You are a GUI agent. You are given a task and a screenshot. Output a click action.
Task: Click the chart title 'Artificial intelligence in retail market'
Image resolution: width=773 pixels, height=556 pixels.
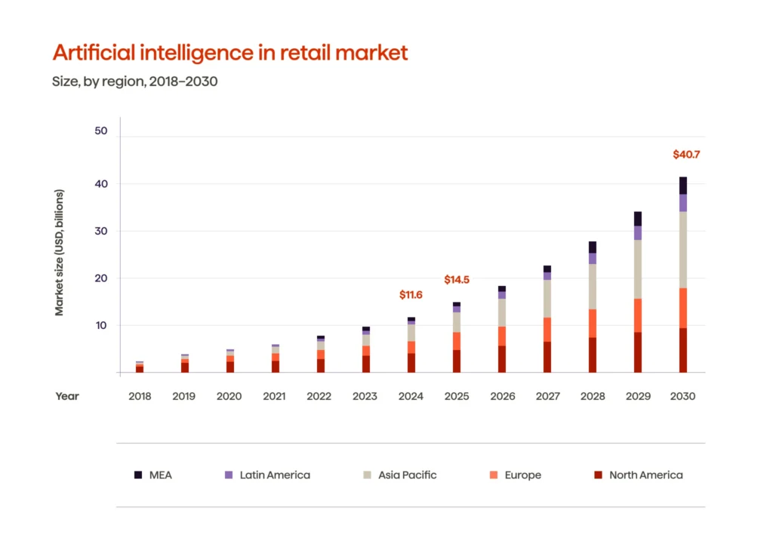(229, 52)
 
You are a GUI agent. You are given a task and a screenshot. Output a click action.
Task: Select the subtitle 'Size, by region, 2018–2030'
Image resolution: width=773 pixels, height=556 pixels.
(134, 81)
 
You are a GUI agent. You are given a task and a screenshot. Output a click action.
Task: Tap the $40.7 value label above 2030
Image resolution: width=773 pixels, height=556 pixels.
(686, 155)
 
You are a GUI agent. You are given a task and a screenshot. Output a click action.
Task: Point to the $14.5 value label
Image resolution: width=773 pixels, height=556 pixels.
(456, 280)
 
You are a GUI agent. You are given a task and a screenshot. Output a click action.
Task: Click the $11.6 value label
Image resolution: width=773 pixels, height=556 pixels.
(411, 295)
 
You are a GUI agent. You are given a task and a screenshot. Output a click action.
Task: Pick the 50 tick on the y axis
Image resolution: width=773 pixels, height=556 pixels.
(101, 131)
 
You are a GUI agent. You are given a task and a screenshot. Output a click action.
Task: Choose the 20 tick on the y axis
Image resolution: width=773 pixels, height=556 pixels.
(101, 278)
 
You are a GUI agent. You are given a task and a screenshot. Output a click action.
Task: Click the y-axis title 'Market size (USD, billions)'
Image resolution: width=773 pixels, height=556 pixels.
(59, 252)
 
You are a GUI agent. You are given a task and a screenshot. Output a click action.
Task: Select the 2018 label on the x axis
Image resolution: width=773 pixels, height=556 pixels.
(139, 396)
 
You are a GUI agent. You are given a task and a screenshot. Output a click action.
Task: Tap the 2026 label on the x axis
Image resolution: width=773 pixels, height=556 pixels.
(501, 396)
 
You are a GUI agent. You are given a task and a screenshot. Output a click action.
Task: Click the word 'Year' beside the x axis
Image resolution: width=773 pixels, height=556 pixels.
(66, 396)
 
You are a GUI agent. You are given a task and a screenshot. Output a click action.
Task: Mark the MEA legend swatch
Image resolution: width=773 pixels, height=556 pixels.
(138, 475)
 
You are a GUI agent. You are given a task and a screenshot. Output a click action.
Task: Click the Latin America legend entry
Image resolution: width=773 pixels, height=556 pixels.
(267, 475)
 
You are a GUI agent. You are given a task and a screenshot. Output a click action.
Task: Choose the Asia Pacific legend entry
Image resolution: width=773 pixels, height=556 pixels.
(400, 475)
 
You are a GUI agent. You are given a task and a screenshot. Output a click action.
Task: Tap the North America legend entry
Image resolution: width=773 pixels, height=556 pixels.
(638, 475)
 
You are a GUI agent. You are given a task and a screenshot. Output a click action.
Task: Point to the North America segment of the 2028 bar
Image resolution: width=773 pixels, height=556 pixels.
(593, 355)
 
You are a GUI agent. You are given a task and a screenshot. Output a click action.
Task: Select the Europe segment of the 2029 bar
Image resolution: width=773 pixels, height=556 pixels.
(638, 315)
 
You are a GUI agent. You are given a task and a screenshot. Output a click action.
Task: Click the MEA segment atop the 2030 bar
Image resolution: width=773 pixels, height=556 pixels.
(682, 186)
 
